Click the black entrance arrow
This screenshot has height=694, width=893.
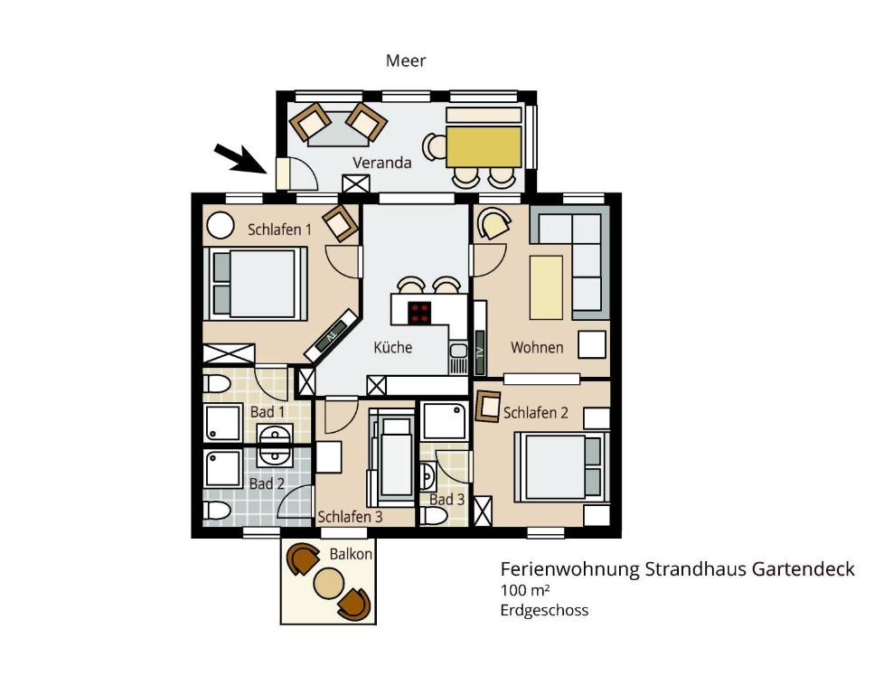(240, 158)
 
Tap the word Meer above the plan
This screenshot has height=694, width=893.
(406, 61)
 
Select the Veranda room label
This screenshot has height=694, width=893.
(381, 163)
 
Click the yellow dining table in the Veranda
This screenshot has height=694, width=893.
(484, 146)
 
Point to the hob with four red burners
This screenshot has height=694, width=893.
(419, 312)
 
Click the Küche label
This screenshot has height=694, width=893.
(393, 347)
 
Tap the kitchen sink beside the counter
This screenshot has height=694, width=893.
(457, 358)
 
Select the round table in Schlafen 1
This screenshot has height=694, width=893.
(221, 225)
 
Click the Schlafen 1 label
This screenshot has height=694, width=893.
(279, 230)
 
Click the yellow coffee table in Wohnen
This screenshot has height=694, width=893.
(546, 287)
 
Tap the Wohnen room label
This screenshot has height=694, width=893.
(537, 347)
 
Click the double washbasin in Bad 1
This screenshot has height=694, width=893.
(276, 445)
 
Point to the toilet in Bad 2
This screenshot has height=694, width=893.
(216, 511)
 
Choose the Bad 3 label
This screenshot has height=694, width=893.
(447, 500)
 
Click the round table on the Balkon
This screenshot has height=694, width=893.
(329, 583)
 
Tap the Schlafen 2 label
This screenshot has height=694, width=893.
(536, 413)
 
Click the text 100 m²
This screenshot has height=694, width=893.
(524, 590)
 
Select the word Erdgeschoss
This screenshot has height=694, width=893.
(544, 610)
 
